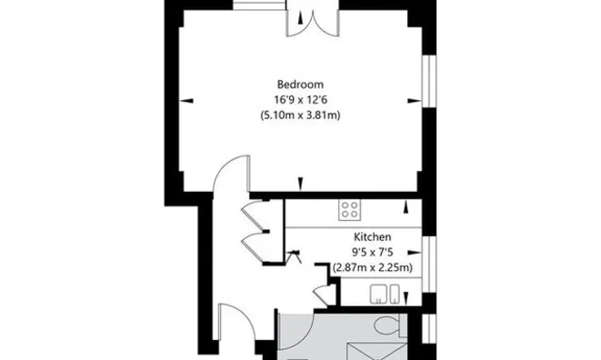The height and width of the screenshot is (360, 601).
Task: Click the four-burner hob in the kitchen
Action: pos(349,211)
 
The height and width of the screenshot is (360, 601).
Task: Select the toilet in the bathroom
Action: pos(386,325)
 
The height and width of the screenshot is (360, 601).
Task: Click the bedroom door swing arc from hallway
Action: pos(233,173)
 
